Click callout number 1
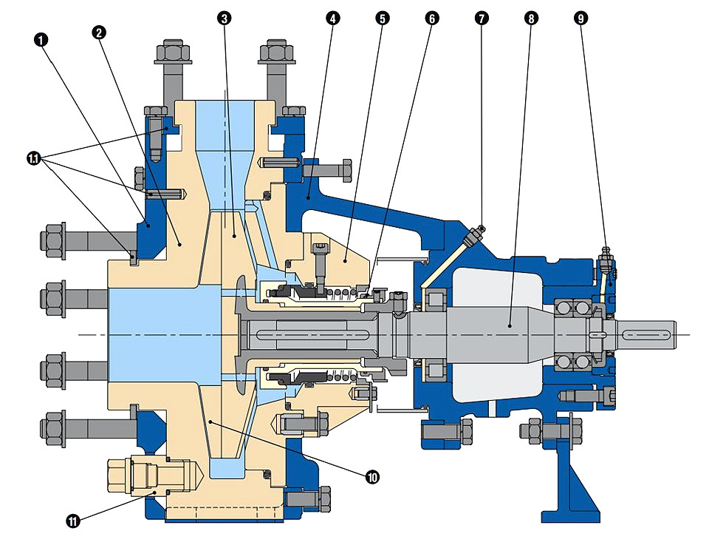pos(41,40)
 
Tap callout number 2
pos(98,33)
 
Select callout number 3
pos(224,18)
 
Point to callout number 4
pos(332,18)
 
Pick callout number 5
pos(382,18)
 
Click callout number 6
pos(432,18)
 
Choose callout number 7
pos(482,18)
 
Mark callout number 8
pos(531,18)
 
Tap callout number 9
pos(581,18)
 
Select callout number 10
pos(372,476)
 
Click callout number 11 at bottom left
pos(73,521)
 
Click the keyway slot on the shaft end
pos(645,334)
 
